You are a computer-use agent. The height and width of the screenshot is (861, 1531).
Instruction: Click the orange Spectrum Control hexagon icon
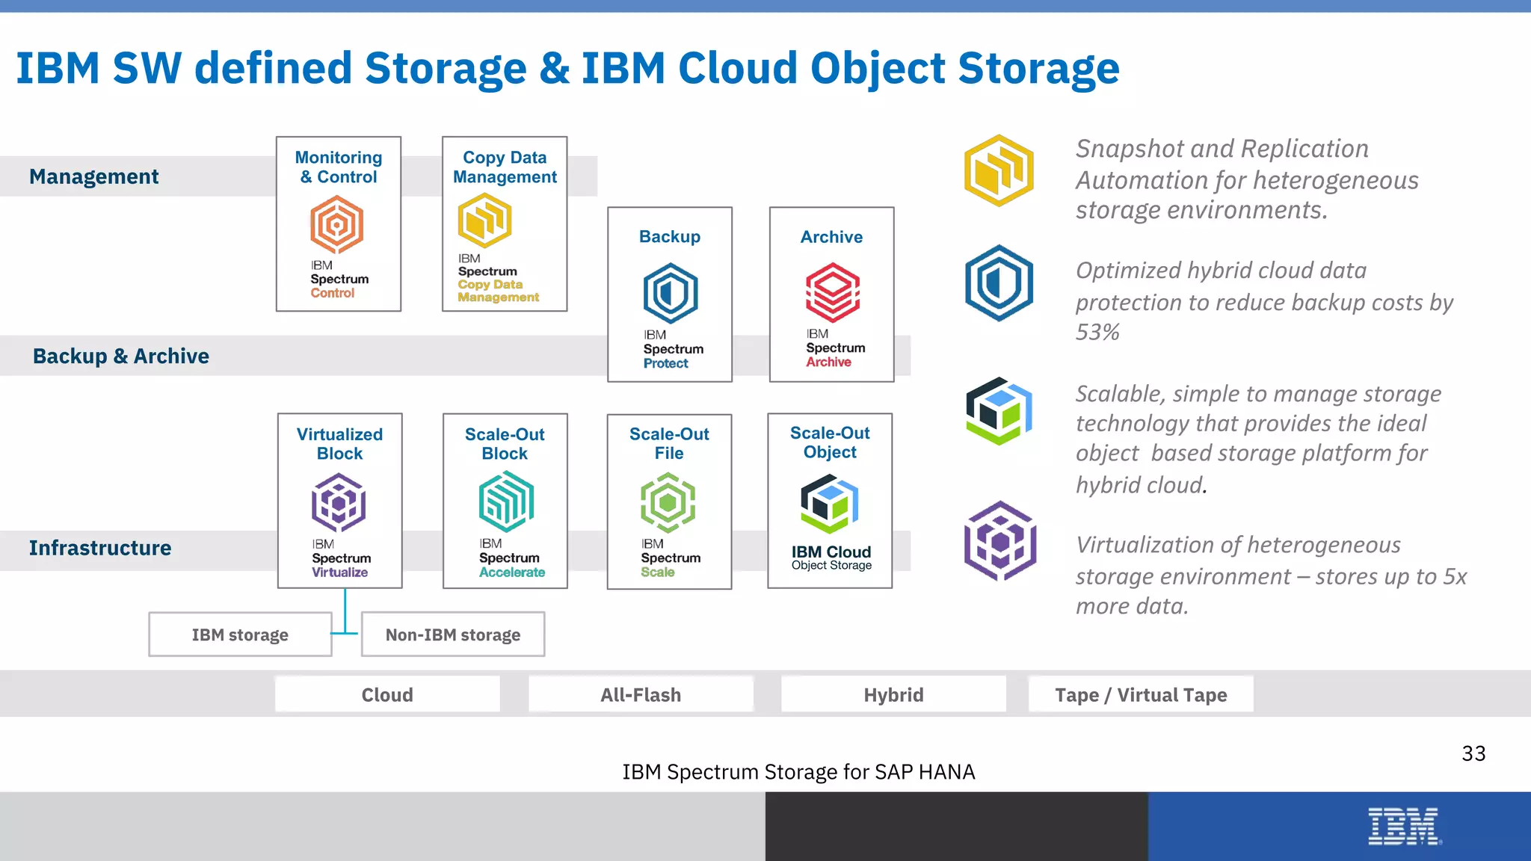336,224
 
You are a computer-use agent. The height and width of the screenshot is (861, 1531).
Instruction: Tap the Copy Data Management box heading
505,167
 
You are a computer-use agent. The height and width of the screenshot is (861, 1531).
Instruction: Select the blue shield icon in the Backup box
671,293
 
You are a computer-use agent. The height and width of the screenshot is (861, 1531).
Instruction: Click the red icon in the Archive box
832,292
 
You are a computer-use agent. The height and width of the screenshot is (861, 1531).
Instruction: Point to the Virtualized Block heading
339,444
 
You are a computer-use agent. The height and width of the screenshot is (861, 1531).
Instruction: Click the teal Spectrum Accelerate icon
506,501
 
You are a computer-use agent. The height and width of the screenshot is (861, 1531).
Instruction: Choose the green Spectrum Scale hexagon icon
668,502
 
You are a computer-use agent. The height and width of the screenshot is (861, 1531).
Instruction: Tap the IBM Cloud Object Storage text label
831,558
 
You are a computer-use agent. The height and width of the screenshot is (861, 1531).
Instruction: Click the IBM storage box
240,635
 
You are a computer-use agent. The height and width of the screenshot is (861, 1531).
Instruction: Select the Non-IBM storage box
453,635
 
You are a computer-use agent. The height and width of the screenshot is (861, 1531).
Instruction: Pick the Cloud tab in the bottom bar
387,695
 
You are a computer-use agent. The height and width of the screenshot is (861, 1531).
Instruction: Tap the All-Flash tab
641,695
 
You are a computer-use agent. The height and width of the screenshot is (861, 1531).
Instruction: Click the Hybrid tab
893,695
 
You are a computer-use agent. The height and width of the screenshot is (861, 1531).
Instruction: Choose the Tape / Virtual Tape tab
1141,695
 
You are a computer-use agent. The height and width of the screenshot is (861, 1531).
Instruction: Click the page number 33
1473,753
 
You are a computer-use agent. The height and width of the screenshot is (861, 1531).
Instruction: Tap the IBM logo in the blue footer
1404,827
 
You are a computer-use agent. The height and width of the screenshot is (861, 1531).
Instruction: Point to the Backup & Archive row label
121,356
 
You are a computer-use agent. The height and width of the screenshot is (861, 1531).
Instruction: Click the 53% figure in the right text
1097,332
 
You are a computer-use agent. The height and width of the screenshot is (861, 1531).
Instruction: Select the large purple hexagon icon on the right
1000,541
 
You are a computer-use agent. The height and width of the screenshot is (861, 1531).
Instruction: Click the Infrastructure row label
100,548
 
